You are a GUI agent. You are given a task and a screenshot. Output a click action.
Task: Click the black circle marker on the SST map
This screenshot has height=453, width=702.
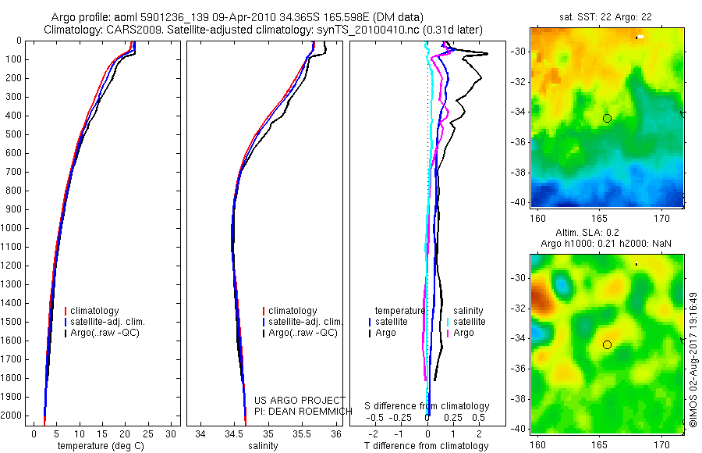[607, 118]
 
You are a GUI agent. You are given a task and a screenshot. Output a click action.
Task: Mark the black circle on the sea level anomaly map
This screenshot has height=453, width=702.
[607, 344]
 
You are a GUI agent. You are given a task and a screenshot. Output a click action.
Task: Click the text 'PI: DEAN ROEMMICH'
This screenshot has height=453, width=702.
[299, 412]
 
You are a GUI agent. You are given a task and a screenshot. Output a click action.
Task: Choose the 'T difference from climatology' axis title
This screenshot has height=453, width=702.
[426, 446]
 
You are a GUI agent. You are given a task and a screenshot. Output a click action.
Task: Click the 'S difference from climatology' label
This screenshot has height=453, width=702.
[427, 406]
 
